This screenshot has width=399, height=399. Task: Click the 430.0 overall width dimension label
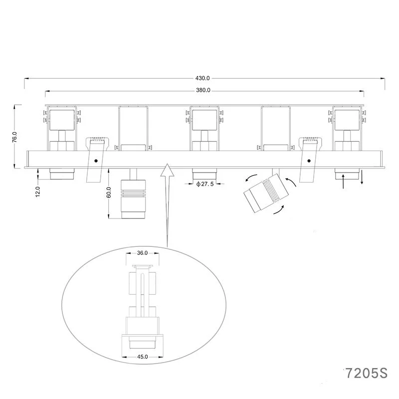click(203, 78)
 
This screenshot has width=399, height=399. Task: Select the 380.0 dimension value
click(203, 91)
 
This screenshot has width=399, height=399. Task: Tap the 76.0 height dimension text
click(15, 137)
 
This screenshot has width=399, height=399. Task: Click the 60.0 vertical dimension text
click(109, 193)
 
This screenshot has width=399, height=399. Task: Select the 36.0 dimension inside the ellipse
click(142, 253)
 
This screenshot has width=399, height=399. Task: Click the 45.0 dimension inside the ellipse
click(142, 357)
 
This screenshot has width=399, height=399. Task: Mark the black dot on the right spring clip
click(309, 161)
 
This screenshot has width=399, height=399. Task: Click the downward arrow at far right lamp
click(362, 178)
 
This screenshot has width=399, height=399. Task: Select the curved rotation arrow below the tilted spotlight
click(280, 211)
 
